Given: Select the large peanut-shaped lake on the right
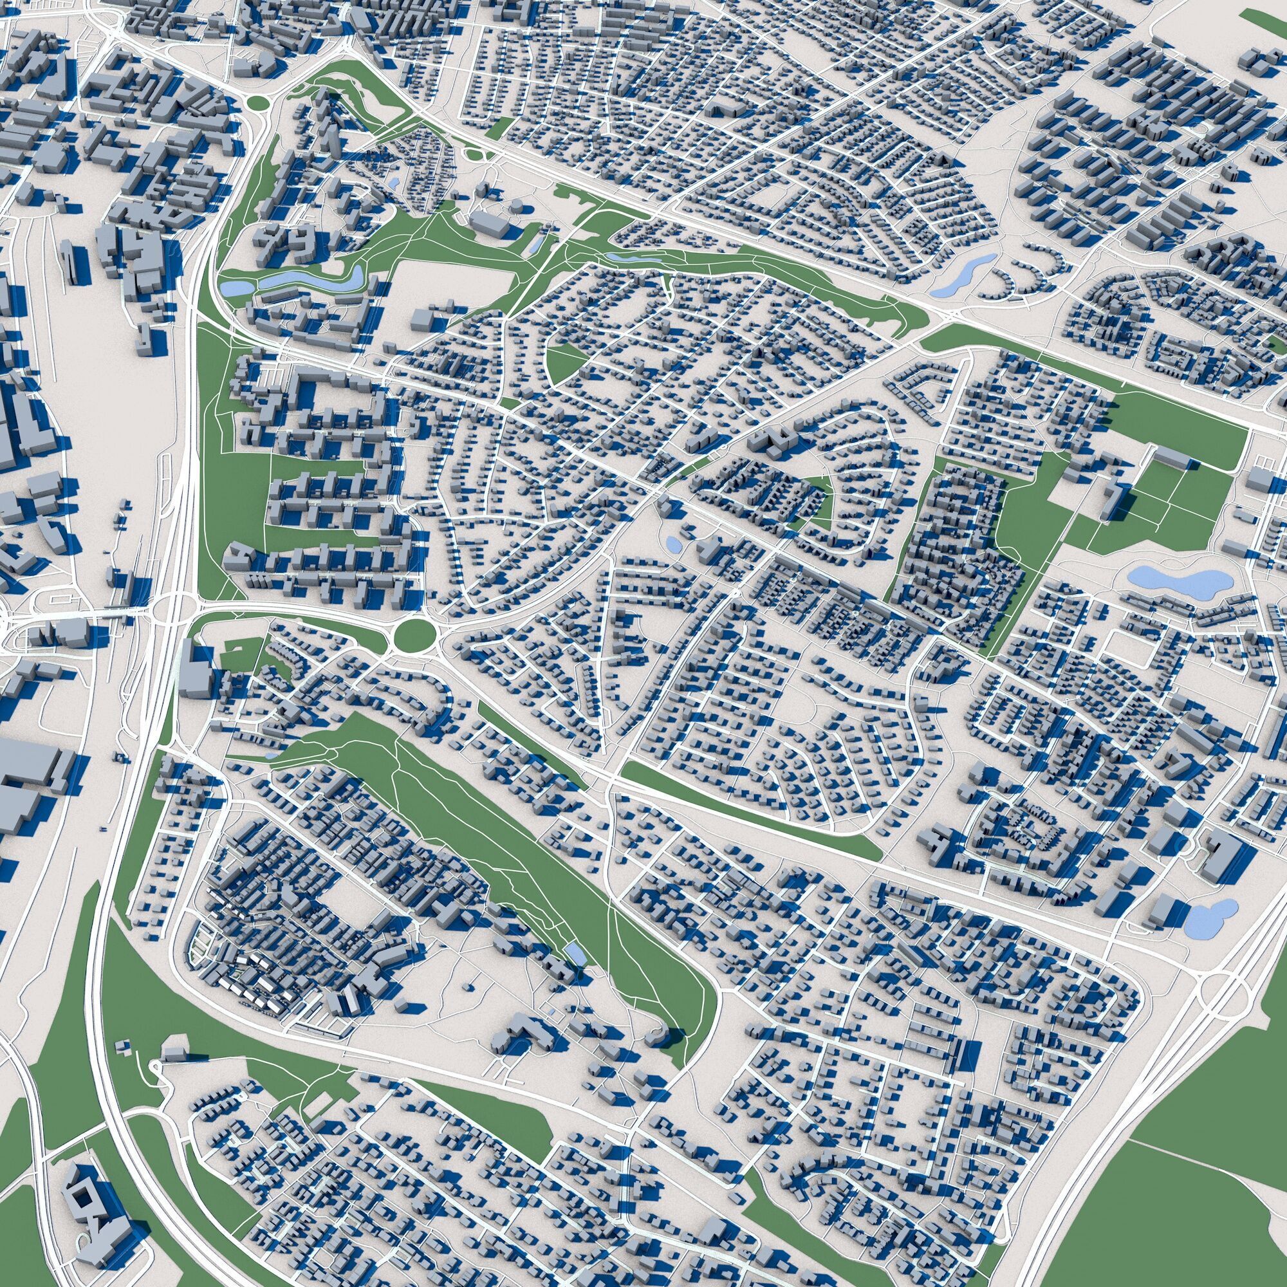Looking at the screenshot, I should point(1177,582).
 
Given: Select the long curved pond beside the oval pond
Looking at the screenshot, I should point(313,281).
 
